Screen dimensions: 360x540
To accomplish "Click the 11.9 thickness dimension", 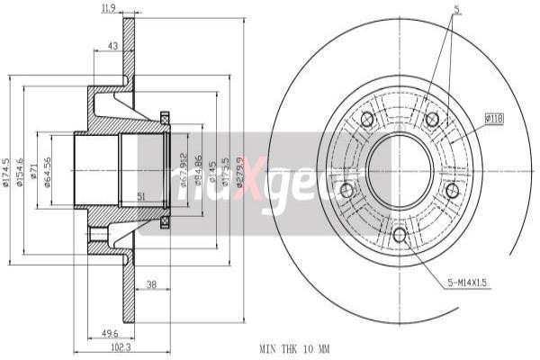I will pos(109,9).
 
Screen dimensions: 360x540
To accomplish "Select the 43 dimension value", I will pos(112,46).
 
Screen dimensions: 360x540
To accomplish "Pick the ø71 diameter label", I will pos(33,171).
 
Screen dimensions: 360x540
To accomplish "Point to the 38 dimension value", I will pos(151,285).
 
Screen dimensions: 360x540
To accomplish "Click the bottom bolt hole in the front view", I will pos(400,235).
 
